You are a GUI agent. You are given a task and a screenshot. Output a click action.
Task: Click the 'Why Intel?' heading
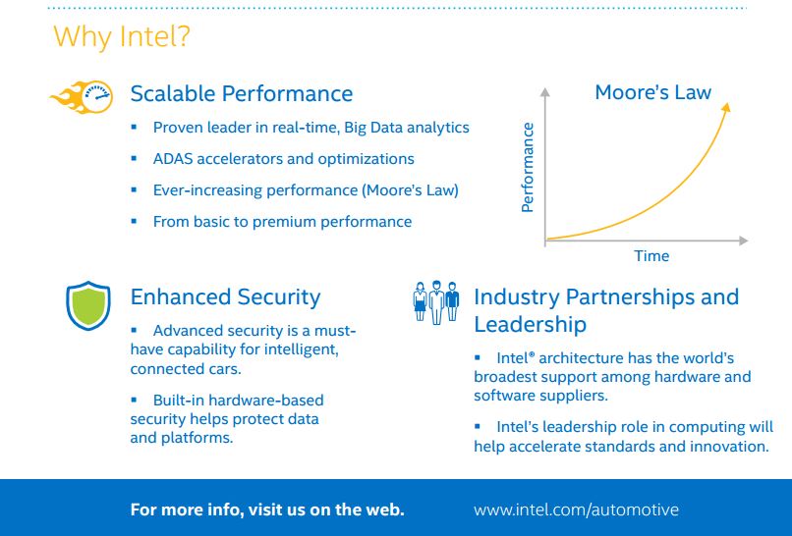click(122, 36)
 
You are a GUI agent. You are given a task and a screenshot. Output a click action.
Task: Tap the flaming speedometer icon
click(83, 97)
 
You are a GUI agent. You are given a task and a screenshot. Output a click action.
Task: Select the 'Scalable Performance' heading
click(242, 94)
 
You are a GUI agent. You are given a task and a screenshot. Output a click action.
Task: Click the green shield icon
click(87, 306)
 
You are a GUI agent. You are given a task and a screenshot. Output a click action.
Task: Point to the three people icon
click(436, 302)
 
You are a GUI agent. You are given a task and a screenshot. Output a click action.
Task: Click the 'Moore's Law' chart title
click(653, 92)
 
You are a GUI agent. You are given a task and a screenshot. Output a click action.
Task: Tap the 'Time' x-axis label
click(651, 256)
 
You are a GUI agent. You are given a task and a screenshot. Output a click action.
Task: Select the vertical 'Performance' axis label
click(528, 167)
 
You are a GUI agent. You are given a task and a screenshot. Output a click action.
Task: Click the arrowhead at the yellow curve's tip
click(726, 108)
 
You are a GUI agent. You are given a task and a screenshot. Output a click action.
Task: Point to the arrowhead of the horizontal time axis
click(744, 241)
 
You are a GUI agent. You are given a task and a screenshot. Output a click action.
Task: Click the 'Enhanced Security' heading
click(225, 297)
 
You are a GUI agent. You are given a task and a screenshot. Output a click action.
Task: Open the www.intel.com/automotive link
click(577, 509)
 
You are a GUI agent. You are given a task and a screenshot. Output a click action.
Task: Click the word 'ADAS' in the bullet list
click(173, 159)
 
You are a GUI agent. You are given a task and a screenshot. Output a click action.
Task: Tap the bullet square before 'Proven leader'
click(134, 127)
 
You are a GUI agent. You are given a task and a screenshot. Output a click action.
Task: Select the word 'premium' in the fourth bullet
click(284, 223)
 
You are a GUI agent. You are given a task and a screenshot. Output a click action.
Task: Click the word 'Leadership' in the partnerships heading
click(530, 325)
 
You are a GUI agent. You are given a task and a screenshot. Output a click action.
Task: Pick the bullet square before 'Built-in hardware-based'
click(134, 400)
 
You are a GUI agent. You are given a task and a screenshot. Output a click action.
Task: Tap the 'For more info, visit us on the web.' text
click(267, 509)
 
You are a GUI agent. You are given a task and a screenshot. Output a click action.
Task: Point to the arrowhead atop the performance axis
click(545, 92)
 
